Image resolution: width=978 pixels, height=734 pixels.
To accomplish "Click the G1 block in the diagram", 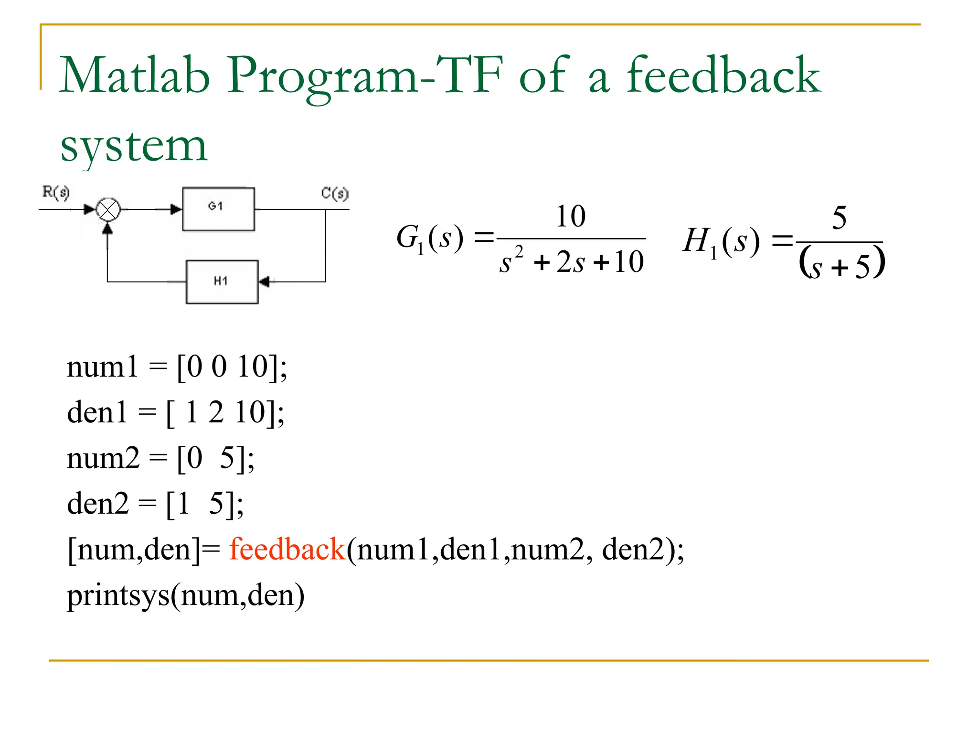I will pyautogui.click(x=218, y=209).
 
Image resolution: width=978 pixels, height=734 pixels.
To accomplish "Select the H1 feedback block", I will pyautogui.click(x=222, y=281).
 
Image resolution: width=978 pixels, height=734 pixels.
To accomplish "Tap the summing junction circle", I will pyautogui.click(x=108, y=209).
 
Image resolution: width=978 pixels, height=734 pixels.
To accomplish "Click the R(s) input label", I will pyautogui.click(x=56, y=192).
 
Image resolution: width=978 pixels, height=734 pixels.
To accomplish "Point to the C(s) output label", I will pyautogui.click(x=334, y=193).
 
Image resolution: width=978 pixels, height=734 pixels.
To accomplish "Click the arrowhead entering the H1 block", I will pyautogui.click(x=264, y=281).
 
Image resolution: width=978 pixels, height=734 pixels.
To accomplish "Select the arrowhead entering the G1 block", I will pyautogui.click(x=176, y=209).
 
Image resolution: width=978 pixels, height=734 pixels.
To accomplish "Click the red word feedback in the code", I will pyautogui.click(x=287, y=549).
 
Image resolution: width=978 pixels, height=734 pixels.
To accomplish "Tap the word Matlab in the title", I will pyautogui.click(x=135, y=75).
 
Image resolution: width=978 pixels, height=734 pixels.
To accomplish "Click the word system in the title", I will pyautogui.click(x=134, y=145).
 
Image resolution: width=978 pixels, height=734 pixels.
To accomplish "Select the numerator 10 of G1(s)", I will pyautogui.click(x=571, y=216).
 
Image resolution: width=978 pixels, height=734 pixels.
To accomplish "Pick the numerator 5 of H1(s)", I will pyautogui.click(x=839, y=218).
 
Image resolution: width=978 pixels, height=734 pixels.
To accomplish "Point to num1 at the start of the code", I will pyautogui.click(x=102, y=367).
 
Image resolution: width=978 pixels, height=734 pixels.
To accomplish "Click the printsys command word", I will pyautogui.click(x=118, y=596).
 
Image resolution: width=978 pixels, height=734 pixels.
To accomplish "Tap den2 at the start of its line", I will pyautogui.click(x=98, y=504).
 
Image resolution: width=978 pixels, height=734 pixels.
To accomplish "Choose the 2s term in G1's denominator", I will pyautogui.click(x=571, y=262).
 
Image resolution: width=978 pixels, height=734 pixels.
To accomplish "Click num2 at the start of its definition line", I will pyautogui.click(x=103, y=458).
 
